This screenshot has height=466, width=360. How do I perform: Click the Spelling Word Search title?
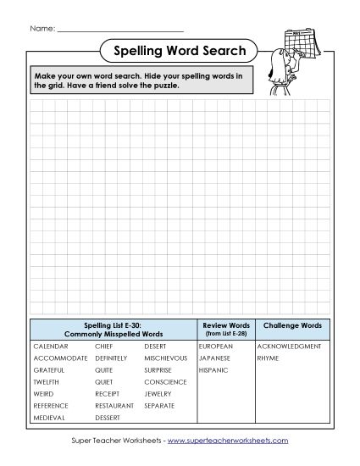[180, 52]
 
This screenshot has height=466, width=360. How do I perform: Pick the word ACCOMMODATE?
[60, 358]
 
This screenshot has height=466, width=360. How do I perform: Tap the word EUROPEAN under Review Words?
[215, 347]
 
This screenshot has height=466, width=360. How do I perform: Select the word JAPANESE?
[215, 358]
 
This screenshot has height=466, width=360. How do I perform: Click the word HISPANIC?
[213, 370]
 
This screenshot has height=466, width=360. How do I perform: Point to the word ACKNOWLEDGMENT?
[289, 347]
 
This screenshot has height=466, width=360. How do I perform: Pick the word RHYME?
[268, 358]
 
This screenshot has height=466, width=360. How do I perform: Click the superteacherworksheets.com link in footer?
[228, 441]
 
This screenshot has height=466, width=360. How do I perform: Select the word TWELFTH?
[47, 382]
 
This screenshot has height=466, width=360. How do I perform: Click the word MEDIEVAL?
[49, 418]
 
